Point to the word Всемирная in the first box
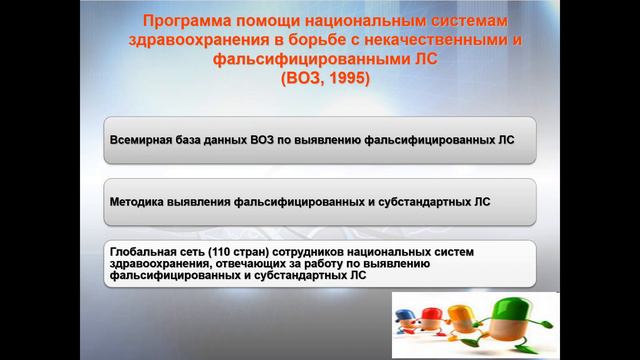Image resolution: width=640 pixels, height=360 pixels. coord(141,141)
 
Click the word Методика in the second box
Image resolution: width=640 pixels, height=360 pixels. coord(138,200)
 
